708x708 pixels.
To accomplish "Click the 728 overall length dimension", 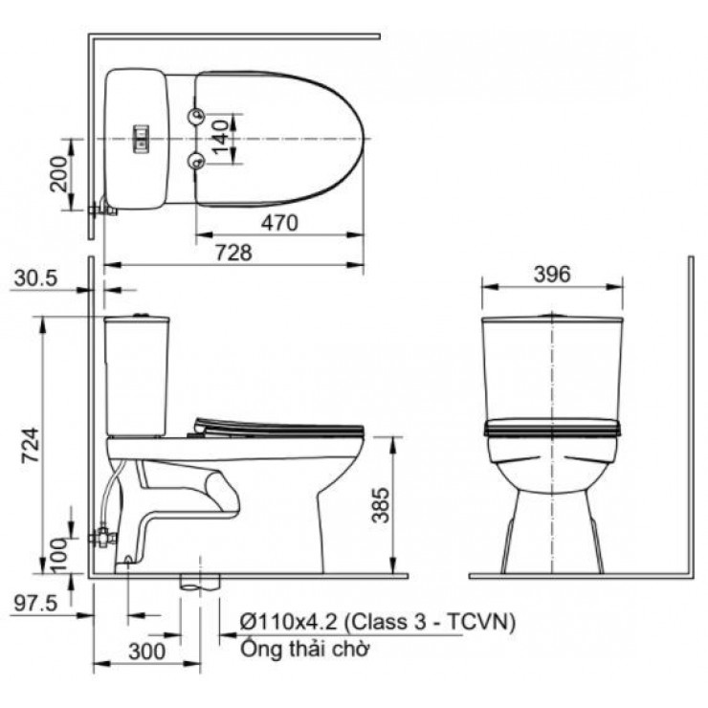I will [x=238, y=253].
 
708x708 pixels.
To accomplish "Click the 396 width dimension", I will [x=551, y=274].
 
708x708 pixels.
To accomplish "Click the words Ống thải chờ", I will [x=303, y=650].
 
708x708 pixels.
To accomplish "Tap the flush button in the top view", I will [x=140, y=139].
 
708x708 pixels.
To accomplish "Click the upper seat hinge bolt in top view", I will [x=197, y=116].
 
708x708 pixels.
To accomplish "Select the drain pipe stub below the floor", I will [x=200, y=580].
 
